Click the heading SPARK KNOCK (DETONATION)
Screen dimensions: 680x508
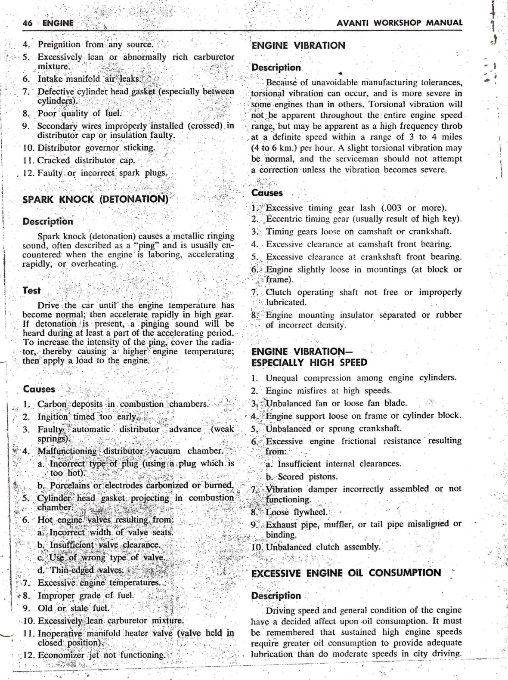point(95,199)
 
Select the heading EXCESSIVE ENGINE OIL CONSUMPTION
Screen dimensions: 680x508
point(346,573)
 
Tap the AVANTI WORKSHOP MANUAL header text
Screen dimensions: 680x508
point(400,23)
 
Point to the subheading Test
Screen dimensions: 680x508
point(31,291)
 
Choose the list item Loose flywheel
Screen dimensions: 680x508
point(297,512)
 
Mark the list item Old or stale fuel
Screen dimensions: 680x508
point(73,608)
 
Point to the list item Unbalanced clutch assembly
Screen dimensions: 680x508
point(323,547)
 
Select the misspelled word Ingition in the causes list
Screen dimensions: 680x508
point(53,417)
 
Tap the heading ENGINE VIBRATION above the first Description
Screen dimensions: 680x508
point(298,46)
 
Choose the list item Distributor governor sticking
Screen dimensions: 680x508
point(96,148)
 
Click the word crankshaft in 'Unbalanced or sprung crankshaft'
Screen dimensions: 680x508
point(379,429)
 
